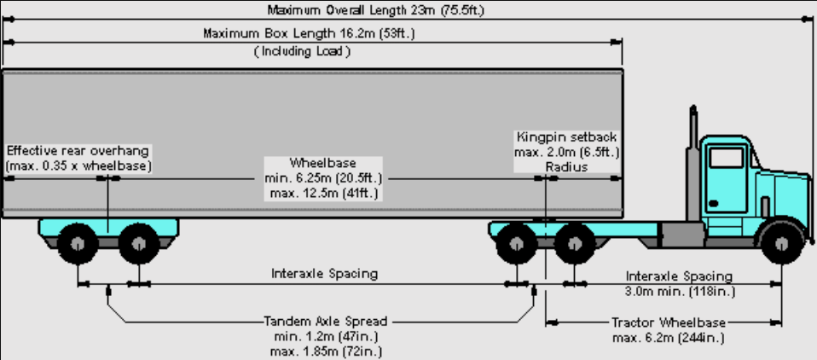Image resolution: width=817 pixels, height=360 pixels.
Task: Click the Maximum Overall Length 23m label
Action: tap(376, 10)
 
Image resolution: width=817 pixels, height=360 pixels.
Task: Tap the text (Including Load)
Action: tap(302, 51)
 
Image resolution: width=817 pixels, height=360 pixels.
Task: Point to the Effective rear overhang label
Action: tap(78, 152)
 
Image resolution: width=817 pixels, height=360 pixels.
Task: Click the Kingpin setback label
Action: tap(567, 137)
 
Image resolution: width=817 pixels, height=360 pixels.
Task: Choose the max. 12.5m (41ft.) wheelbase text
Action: tap(323, 195)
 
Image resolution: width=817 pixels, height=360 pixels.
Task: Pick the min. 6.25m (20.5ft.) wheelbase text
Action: tap(323, 178)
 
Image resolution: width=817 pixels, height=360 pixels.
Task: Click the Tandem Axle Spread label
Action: tap(326, 321)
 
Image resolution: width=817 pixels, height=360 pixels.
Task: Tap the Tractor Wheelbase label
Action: tap(669, 322)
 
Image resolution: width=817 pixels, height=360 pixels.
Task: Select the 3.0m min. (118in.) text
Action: tap(680, 291)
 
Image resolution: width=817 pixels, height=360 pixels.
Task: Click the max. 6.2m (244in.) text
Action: tap(669, 338)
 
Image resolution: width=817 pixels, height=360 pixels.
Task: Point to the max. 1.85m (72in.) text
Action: tap(326, 351)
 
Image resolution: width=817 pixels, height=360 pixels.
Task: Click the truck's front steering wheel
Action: tap(781, 243)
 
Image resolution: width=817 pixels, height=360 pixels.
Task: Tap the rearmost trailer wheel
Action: tap(78, 243)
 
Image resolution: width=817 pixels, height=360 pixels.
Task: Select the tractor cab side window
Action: tap(727, 157)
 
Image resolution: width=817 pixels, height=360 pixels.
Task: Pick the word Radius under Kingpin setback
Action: tap(567, 167)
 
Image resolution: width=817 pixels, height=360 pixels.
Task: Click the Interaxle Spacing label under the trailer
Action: tap(325, 274)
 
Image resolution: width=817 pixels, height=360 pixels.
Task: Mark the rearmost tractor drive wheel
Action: tap(516, 243)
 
